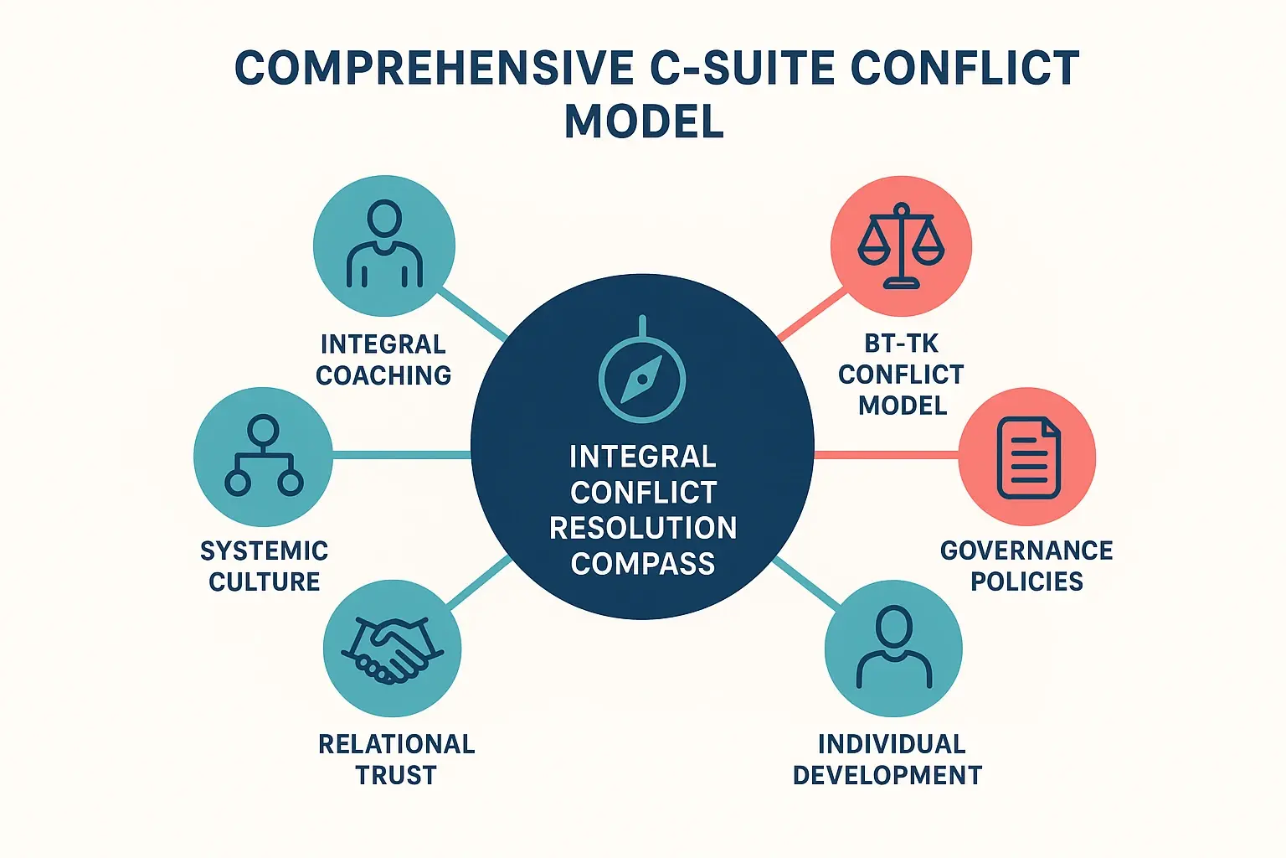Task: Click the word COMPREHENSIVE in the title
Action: (434, 68)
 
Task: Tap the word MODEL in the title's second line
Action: (644, 121)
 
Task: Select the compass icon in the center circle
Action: (642, 378)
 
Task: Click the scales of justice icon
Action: (901, 246)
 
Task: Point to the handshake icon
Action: (392, 649)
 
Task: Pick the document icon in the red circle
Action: (1028, 457)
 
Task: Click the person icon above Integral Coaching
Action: (384, 246)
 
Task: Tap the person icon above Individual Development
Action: (893, 648)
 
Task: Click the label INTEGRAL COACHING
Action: (383, 359)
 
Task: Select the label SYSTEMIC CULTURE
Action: (264, 566)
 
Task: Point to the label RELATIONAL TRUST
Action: (396, 759)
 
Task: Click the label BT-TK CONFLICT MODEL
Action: (902, 375)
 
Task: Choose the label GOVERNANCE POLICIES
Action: (1026, 566)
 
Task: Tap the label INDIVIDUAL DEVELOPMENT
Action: (888, 759)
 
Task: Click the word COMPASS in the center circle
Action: (643, 563)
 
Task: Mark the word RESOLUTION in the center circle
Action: (643, 528)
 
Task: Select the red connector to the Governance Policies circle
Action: (886, 454)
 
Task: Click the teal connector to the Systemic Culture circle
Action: (402, 455)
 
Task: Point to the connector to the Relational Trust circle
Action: (479, 581)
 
